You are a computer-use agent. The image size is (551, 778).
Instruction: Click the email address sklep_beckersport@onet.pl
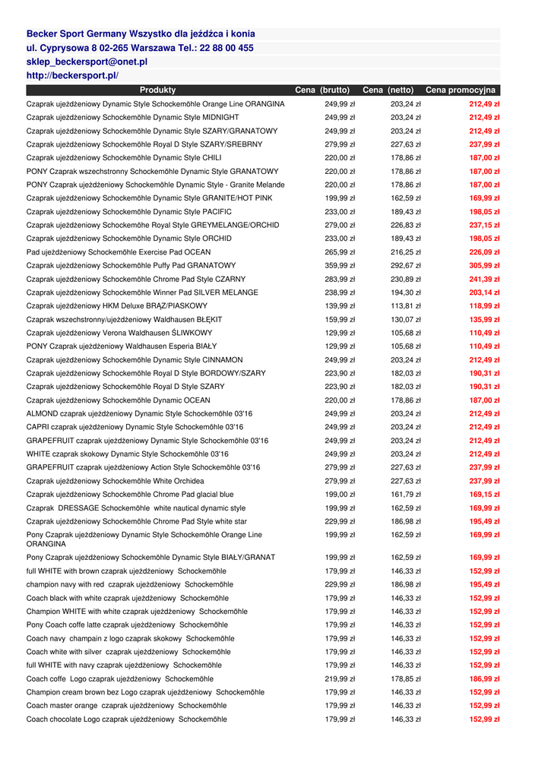tap(87, 62)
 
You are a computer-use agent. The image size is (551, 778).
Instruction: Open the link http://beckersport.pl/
tap(72, 76)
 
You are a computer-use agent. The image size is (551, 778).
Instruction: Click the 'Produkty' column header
tap(157, 90)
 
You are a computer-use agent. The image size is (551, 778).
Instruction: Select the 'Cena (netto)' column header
tap(388, 90)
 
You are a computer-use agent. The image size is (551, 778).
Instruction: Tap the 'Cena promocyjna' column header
tap(461, 90)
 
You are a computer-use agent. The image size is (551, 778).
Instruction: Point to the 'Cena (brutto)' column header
tap(322, 90)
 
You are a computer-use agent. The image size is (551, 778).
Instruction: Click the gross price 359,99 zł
tap(340, 266)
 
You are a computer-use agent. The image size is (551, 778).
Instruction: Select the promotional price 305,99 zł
tap(484, 266)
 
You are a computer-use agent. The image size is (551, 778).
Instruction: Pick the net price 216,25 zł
tap(406, 252)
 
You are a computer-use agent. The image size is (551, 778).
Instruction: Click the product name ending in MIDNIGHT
tap(133, 118)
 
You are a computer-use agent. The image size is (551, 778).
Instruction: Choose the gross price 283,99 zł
tap(340, 280)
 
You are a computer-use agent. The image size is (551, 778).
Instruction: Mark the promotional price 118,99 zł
tap(484, 306)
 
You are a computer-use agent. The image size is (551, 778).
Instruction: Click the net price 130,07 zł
tap(406, 320)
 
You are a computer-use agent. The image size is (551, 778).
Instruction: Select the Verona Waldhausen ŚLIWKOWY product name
tap(119, 333)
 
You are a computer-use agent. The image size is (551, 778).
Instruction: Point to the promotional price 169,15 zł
tap(484, 495)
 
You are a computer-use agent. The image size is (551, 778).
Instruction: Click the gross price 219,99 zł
tap(340, 678)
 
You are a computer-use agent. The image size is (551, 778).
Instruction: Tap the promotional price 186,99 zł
tap(484, 678)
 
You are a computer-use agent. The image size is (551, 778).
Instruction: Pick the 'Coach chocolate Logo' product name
tap(126, 719)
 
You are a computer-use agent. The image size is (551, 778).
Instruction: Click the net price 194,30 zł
tap(406, 293)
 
